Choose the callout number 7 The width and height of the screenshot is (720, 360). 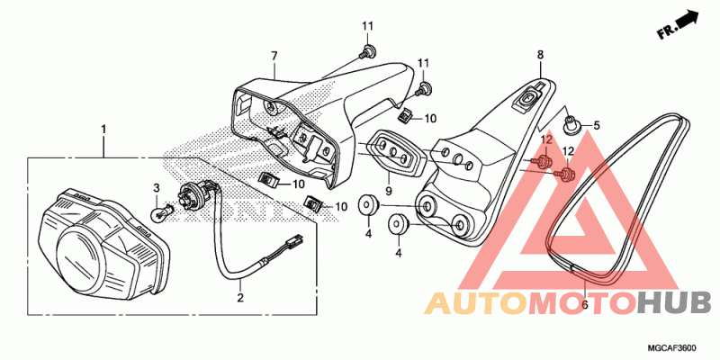(x=274, y=56)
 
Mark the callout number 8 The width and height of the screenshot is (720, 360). (x=541, y=56)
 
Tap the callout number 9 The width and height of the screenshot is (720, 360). (x=389, y=192)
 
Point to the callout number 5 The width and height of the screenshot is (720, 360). (x=595, y=125)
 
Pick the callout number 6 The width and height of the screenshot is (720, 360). (x=584, y=305)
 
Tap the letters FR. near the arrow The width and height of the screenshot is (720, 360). (x=666, y=32)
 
